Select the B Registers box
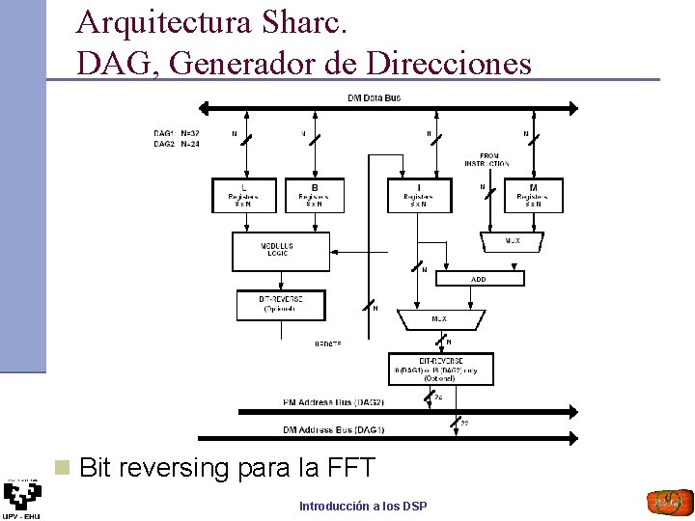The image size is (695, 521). [314, 196]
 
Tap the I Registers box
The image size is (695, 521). [418, 196]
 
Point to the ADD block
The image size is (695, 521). [479, 279]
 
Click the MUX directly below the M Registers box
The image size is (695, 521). [512, 240]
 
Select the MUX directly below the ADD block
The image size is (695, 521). [438, 317]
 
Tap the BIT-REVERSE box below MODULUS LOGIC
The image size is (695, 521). [281, 305]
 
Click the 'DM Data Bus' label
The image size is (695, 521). [374, 97]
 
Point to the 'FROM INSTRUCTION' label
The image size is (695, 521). [488, 159]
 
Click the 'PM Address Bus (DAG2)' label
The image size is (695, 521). [333, 401]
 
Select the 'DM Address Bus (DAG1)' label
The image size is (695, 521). [333, 429]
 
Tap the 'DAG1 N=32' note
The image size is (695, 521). [177, 133]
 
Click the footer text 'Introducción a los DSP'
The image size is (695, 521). [363, 506]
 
